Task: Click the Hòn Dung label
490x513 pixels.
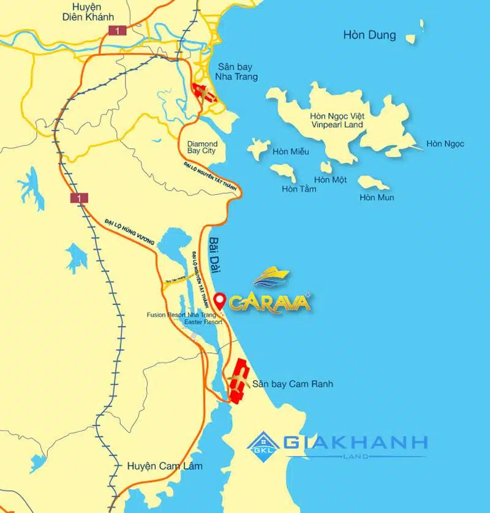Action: pyautogui.click(x=369, y=35)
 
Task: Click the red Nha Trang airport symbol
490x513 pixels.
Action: pyautogui.click(x=203, y=93)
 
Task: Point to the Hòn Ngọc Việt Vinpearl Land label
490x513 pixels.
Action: pyautogui.click(x=336, y=120)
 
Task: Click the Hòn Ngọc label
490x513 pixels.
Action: pyautogui.click(x=445, y=144)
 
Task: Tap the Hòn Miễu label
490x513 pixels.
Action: pyautogui.click(x=291, y=151)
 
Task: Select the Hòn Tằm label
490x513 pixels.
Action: pyautogui.click(x=299, y=189)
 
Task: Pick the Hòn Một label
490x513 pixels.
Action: pyautogui.click(x=331, y=180)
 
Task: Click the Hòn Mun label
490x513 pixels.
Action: pyautogui.click(x=377, y=197)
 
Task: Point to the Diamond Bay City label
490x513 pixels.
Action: pyautogui.click(x=202, y=145)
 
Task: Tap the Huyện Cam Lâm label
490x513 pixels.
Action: pyautogui.click(x=165, y=466)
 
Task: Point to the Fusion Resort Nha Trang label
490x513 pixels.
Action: pyautogui.click(x=181, y=315)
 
